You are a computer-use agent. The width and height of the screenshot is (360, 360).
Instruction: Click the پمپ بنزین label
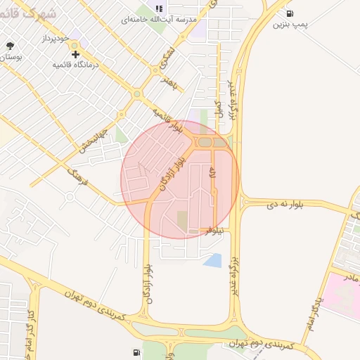click(x=290, y=25)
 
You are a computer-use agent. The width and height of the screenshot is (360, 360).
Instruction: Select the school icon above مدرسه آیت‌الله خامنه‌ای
click(x=159, y=8)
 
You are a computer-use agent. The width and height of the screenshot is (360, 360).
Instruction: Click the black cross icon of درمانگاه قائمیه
click(x=75, y=53)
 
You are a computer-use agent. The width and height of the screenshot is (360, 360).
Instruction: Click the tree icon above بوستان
click(x=10, y=46)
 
